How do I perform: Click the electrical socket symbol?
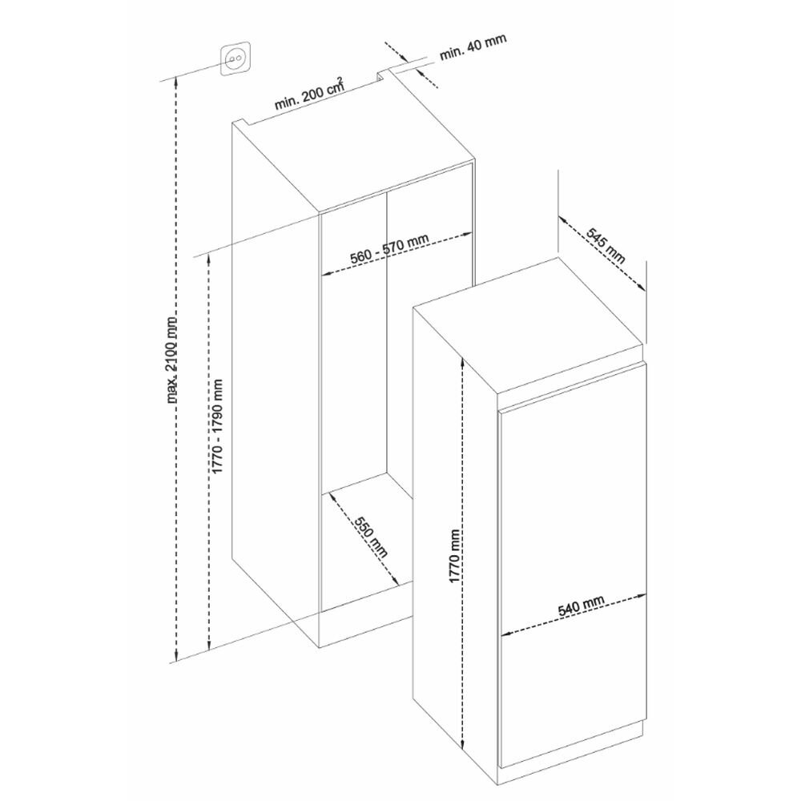pyautogui.click(x=235, y=59)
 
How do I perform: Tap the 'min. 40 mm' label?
pyautogui.click(x=473, y=47)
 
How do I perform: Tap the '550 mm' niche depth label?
pyautogui.click(x=372, y=537)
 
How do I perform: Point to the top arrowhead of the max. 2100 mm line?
pyautogui.click(x=176, y=81)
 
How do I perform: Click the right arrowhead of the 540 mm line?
pyautogui.click(x=642, y=596)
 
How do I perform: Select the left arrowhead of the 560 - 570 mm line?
pyautogui.click(x=326, y=274)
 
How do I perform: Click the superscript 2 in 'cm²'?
pyautogui.click(x=340, y=79)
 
